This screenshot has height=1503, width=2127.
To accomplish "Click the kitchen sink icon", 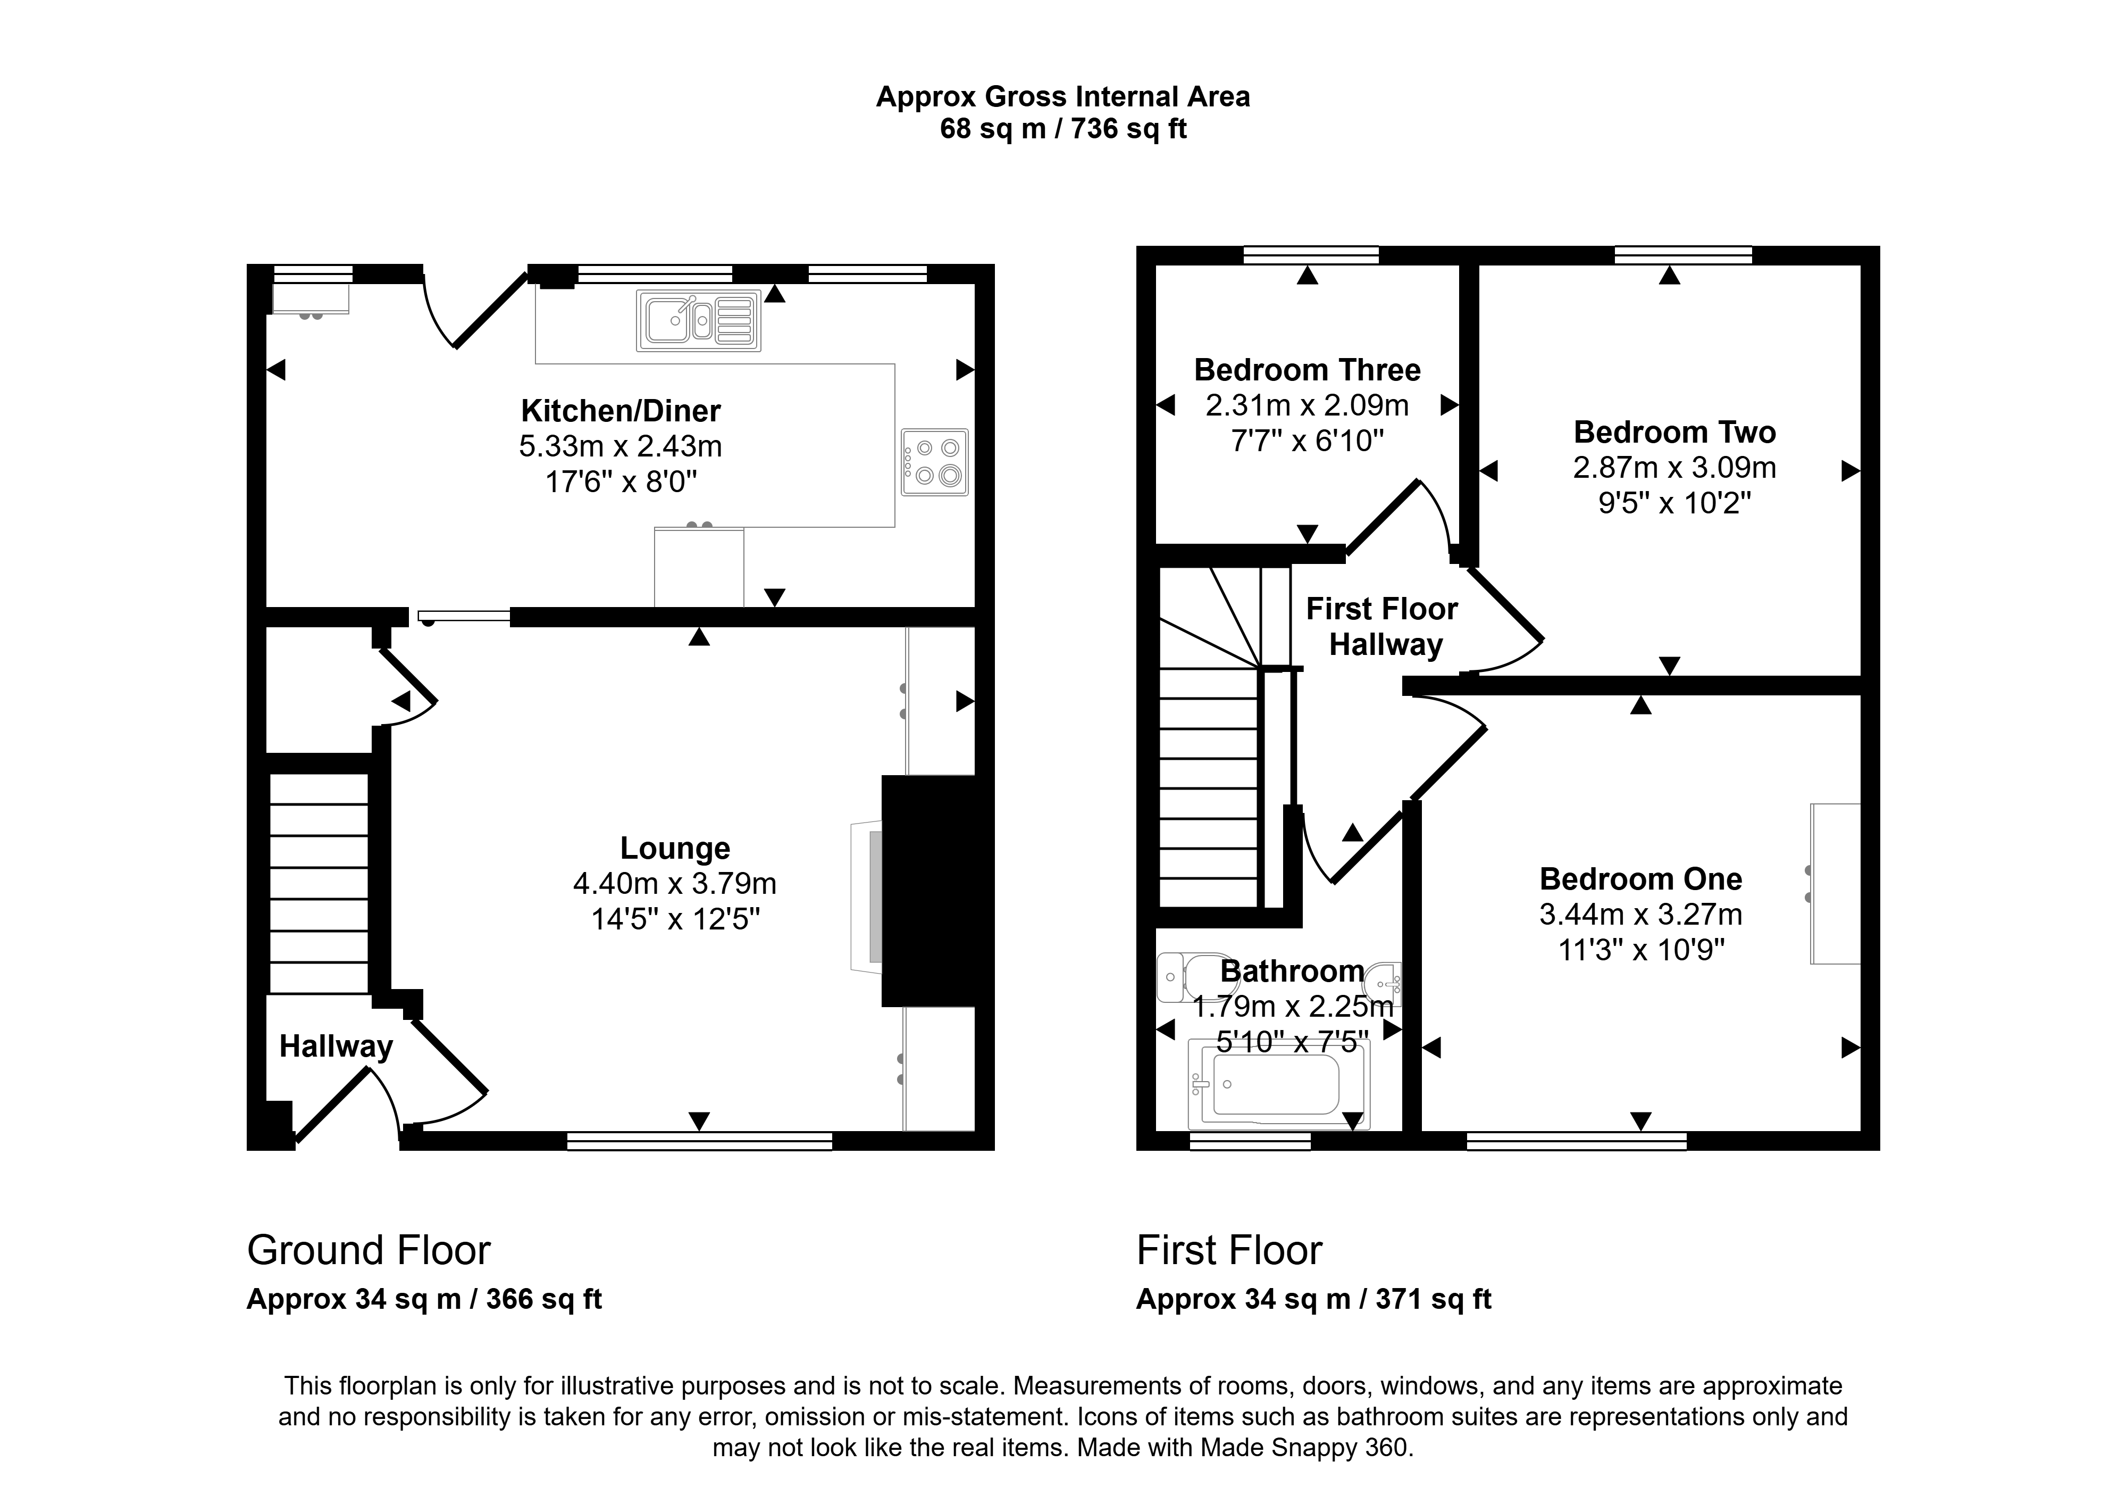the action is point(699,321).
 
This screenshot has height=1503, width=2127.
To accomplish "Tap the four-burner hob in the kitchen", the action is point(935,461).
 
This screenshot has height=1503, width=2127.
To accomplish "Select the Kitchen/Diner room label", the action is point(621,411).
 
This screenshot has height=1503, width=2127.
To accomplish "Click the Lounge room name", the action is point(675,848).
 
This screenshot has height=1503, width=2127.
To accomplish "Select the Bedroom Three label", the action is point(1307,370).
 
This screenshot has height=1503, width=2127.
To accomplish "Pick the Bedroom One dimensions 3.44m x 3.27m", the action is point(1640,915).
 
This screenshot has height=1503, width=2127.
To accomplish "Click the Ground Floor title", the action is point(369,1251).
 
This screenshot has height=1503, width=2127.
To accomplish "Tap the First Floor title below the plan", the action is point(1229,1251).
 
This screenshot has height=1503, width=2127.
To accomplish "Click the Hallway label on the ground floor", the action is point(336,1046).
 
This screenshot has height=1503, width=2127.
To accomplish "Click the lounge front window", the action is point(699,1142).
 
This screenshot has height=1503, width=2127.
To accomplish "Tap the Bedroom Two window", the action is point(1684,255).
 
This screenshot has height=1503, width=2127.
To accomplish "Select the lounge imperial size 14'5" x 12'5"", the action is point(675,919).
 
